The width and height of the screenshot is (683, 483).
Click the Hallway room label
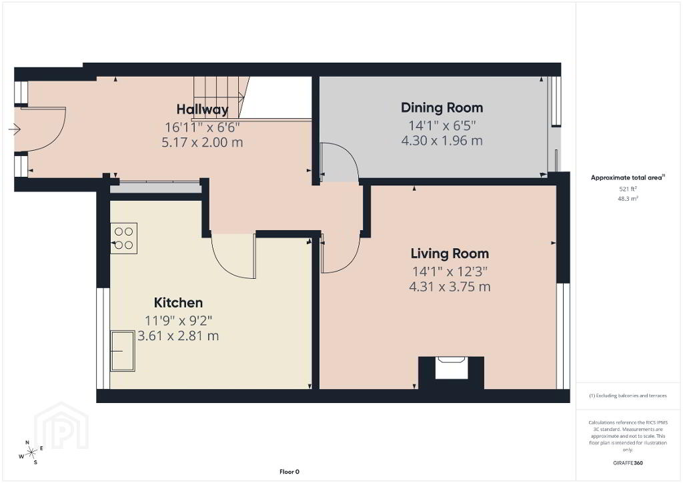pyautogui.click(x=203, y=109)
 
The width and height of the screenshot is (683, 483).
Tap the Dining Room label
pyautogui.click(x=442, y=107)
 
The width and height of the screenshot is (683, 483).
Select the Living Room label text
pyautogui.click(x=450, y=254)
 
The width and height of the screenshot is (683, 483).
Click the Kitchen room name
pyautogui.click(x=178, y=303)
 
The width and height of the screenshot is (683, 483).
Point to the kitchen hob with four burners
pyautogui.click(x=123, y=238)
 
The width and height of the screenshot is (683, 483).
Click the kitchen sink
pyautogui.click(x=123, y=351)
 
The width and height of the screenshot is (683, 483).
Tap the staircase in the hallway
pyautogui.click(x=221, y=97)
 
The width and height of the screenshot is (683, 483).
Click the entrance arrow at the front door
pyautogui.click(x=15, y=129)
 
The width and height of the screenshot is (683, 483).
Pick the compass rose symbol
pyautogui.click(x=31, y=453)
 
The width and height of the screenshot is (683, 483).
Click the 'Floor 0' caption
pyautogui.click(x=289, y=472)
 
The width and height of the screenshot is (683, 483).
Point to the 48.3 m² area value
pyautogui.click(x=628, y=199)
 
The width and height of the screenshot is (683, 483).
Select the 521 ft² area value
pyautogui.click(x=628, y=189)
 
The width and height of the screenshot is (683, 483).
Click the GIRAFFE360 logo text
pyautogui.click(x=628, y=463)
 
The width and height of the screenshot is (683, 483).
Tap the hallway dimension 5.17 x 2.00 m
pyautogui.click(x=202, y=142)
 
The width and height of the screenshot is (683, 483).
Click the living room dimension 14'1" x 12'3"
pyautogui.click(x=450, y=272)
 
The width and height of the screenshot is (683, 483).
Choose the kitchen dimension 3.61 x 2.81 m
pyautogui.click(x=178, y=336)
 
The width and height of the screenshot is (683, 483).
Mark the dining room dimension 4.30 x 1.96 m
pyautogui.click(x=442, y=141)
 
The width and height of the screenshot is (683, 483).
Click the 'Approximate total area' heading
pyautogui.click(x=628, y=177)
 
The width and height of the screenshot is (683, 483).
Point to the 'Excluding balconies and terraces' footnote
pyautogui.click(x=628, y=396)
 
